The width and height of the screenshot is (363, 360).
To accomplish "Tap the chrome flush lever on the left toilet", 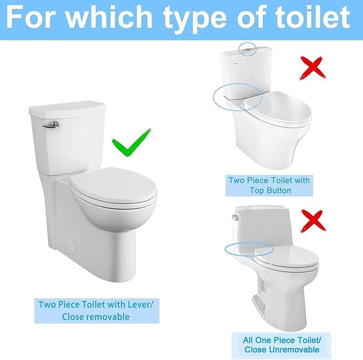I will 52,125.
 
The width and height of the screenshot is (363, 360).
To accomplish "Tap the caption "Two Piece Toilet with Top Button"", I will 269,185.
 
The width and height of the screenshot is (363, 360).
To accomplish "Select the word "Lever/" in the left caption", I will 140,304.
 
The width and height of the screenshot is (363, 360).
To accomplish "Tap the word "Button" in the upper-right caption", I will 276,190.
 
